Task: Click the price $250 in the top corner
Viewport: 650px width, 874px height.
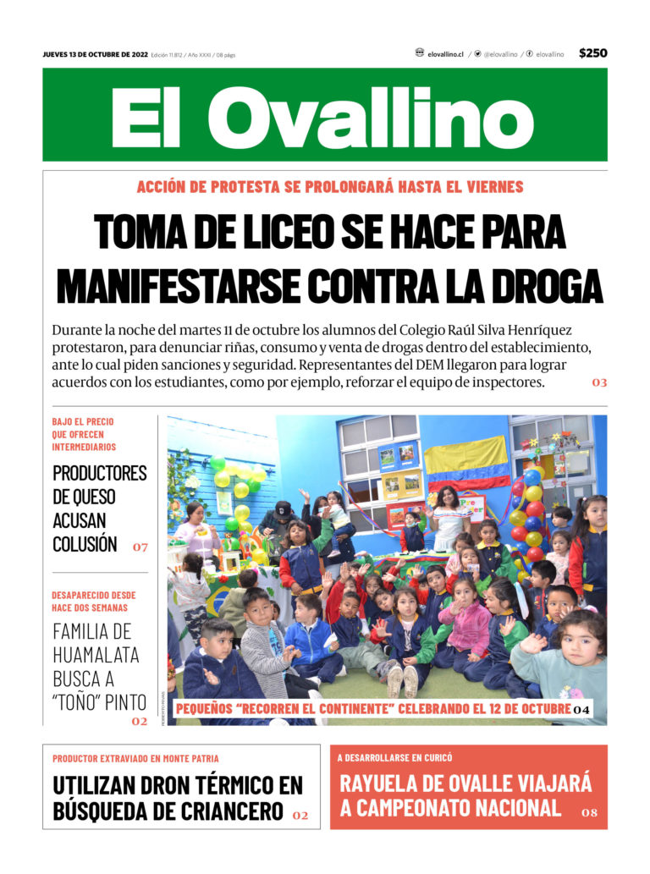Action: pos(592,53)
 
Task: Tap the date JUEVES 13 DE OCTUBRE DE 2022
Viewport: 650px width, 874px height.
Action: pos(96,55)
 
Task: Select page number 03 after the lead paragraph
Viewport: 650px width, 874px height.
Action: pos(599,382)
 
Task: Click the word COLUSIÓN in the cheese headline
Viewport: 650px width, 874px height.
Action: pos(85,544)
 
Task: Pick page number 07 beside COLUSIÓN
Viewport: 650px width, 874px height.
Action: pos(140,547)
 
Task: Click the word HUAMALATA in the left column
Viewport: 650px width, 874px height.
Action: pos(96,655)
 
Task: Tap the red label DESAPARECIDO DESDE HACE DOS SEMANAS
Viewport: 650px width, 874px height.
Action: pos(93,601)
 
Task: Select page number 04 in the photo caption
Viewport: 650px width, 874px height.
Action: pos(581,709)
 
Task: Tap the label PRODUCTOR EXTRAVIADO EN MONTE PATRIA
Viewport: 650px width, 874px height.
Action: pos(135,758)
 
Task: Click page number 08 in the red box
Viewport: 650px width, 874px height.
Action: pos(589,813)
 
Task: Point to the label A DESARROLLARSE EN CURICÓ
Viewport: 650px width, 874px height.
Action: pos(394,758)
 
